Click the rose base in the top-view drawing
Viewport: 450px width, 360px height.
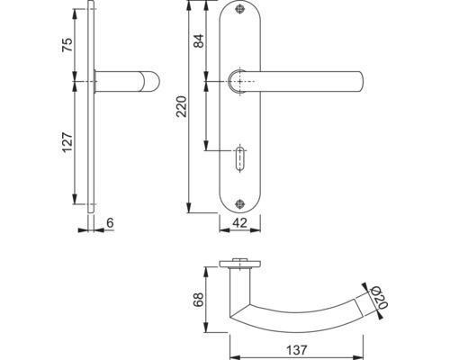[x=238, y=266]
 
